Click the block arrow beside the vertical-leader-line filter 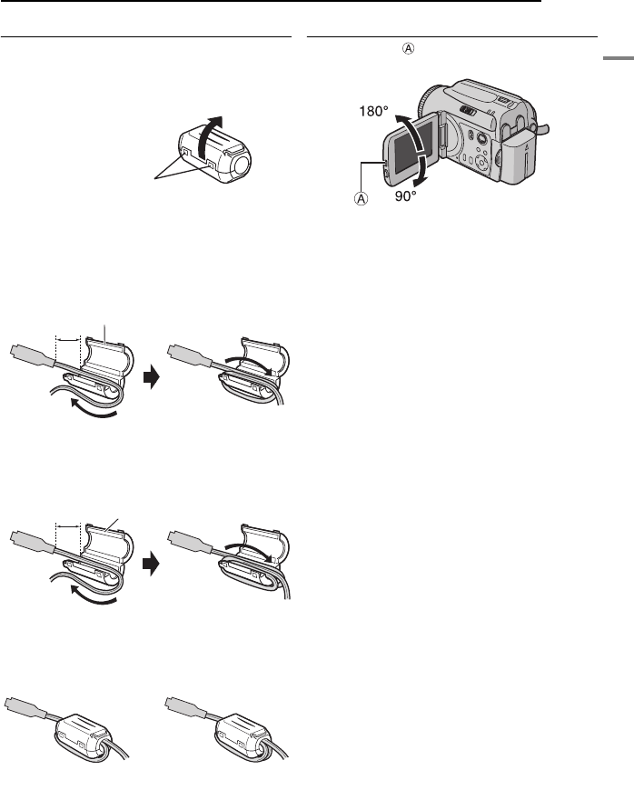click(151, 375)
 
